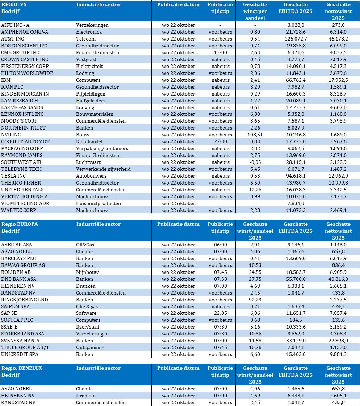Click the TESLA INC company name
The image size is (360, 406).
tap(14, 176)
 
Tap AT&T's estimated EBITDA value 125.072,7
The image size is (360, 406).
tap(296, 39)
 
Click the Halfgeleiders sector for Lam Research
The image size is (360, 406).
tap(91, 101)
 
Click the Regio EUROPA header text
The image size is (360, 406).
tap(20, 224)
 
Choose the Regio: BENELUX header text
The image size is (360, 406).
tap(22, 368)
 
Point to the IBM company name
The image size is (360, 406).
tap(6, 80)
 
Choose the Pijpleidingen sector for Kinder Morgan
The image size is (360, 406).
tap(91, 94)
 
